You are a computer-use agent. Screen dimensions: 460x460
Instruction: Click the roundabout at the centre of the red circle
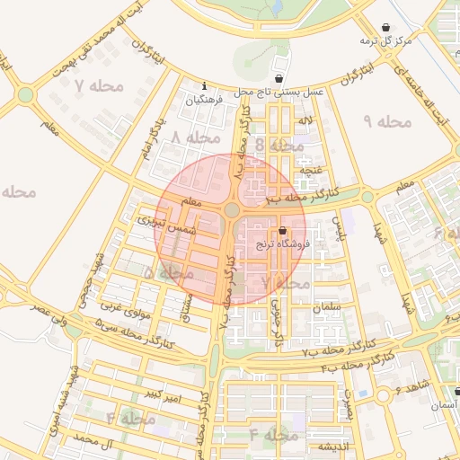(x=232, y=210)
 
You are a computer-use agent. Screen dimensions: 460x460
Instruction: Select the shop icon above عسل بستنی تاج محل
(x=279, y=78)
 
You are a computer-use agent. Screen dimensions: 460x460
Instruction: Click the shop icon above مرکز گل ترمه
(x=385, y=27)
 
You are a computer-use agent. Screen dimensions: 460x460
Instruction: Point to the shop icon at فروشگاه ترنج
(x=282, y=231)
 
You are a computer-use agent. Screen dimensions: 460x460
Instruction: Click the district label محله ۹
(x=387, y=120)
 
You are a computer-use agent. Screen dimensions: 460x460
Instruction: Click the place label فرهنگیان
(x=203, y=101)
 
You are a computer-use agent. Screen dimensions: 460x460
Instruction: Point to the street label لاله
(x=305, y=120)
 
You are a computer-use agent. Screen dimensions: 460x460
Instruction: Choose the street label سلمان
(x=328, y=307)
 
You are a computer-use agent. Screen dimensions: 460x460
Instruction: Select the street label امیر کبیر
(x=167, y=396)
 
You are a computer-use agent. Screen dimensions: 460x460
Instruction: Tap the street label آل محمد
(x=97, y=440)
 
